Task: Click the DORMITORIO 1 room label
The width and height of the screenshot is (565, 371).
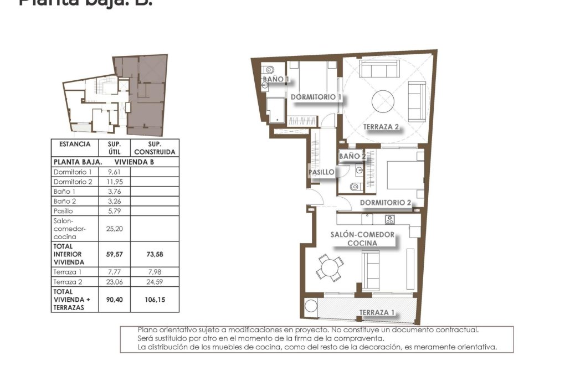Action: (316, 97)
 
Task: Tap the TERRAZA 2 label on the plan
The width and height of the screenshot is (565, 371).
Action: (381, 127)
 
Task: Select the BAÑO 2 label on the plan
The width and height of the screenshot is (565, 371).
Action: (352, 157)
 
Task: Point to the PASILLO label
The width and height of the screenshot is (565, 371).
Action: (321, 172)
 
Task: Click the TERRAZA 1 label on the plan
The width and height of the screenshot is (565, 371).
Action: (377, 313)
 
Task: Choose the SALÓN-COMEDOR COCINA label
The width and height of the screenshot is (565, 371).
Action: (362, 239)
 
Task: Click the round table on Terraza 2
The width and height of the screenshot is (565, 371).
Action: (383, 101)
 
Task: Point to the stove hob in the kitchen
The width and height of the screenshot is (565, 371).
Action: (389, 219)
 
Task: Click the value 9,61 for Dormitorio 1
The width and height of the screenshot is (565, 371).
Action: (115, 172)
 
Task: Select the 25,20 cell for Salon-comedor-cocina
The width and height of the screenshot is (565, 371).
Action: (115, 228)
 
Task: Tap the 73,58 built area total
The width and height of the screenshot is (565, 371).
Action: (155, 254)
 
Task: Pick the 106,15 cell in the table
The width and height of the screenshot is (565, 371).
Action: (155, 300)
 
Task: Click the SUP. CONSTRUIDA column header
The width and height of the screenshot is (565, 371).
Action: (155, 148)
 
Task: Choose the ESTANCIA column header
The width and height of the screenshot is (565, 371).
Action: (74, 144)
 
